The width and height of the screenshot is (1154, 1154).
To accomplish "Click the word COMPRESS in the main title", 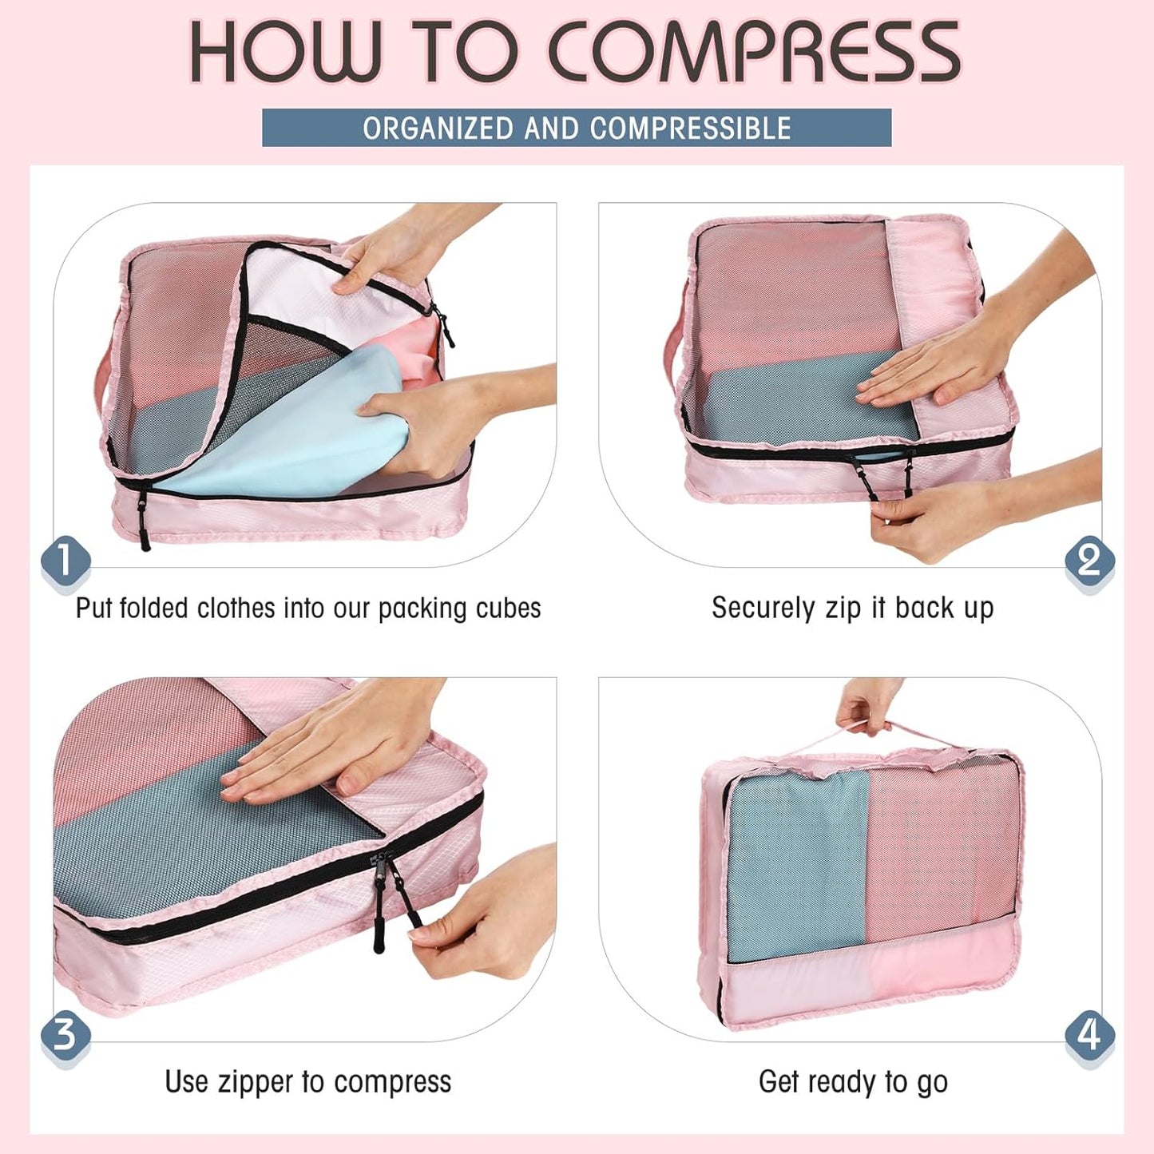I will coord(755,52).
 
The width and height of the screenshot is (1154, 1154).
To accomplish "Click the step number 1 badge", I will coord(65,560).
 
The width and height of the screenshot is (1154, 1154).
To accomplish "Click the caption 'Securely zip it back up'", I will coord(852,608).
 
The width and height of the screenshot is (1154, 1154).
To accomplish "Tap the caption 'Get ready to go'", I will coord(852,1082).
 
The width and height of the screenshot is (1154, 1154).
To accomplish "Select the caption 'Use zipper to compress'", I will coord(307,1082).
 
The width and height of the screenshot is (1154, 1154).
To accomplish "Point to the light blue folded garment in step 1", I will coord(303,431).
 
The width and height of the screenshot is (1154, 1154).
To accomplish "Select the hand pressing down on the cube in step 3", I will coord(319,755).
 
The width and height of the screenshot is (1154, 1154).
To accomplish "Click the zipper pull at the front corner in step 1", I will coord(144,523).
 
